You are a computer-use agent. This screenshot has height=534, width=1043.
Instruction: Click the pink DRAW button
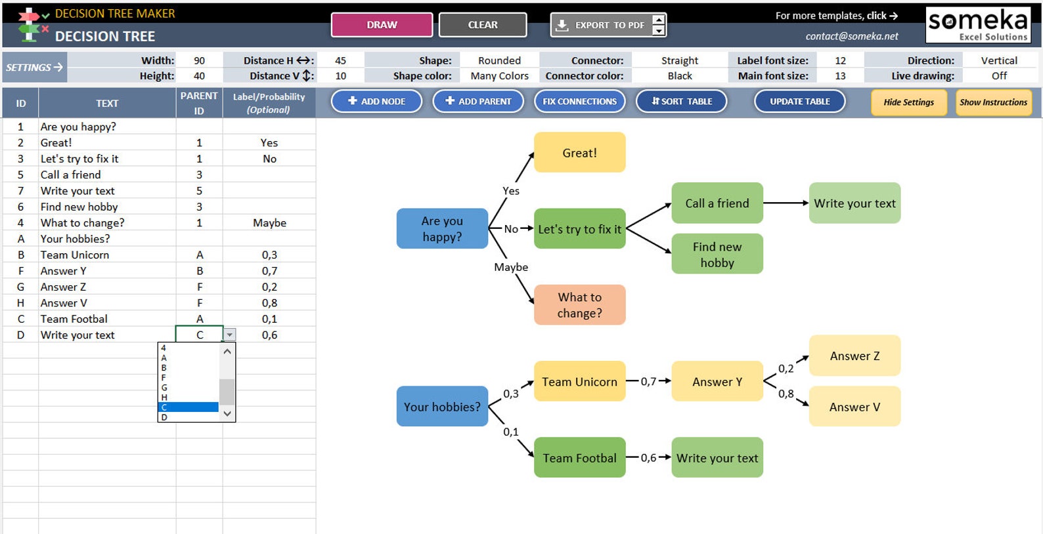[x=382, y=25]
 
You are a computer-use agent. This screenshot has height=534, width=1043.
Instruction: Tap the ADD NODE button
[x=377, y=102]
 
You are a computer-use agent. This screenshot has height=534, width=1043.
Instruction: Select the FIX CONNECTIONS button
[x=580, y=102]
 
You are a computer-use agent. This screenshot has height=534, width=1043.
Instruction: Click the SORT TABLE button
[x=682, y=102]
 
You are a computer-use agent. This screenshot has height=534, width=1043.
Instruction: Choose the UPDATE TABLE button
[x=800, y=102]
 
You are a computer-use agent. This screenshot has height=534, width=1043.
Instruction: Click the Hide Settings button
[x=909, y=102]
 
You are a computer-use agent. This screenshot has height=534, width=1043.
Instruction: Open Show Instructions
[x=993, y=102]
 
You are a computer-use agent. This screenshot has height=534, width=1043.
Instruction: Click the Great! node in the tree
[x=580, y=153]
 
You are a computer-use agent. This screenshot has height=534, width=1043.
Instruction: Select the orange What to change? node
[x=580, y=304]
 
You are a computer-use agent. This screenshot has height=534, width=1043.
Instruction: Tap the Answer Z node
[x=855, y=356]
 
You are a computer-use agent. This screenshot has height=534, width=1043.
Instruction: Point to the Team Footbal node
[x=580, y=458]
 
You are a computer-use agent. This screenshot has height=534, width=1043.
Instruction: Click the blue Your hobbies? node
[x=442, y=407]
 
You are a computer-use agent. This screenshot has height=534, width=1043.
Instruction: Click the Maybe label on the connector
[x=511, y=267]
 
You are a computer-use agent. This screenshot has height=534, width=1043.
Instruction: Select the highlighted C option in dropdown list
[x=188, y=407]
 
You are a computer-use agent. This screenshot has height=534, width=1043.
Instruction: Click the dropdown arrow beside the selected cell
[x=230, y=335]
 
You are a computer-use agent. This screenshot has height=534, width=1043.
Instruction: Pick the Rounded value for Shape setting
[x=499, y=60]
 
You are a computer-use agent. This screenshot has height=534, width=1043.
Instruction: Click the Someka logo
[x=978, y=25]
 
